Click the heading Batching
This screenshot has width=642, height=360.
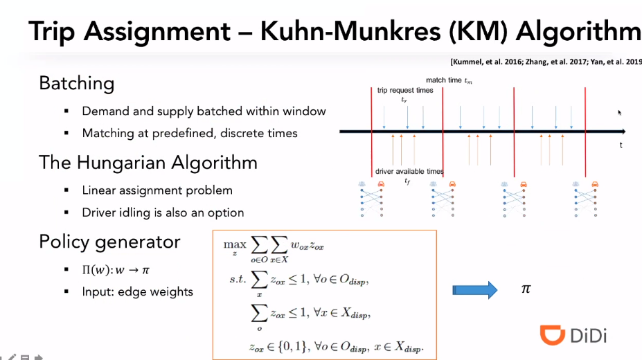[76, 84]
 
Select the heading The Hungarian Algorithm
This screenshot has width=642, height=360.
[148, 163]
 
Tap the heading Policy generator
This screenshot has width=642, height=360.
[109, 242]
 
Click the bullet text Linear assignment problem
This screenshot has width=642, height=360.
[157, 190]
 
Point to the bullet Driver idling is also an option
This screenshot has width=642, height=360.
[163, 212]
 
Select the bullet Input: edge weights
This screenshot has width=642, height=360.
[137, 291]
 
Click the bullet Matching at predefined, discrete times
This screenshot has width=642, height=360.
[190, 133]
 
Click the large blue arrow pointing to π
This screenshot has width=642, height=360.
[475, 289]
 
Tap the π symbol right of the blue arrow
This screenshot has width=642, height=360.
[526, 289]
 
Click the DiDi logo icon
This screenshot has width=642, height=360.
[552, 335]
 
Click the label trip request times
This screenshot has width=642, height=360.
[405, 91]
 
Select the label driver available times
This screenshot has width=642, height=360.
[409, 171]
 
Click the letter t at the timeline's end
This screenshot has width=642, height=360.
[621, 145]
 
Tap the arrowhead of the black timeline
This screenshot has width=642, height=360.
[623, 131]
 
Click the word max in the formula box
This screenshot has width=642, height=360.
[230, 244]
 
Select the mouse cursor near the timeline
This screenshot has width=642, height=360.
[620, 112]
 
